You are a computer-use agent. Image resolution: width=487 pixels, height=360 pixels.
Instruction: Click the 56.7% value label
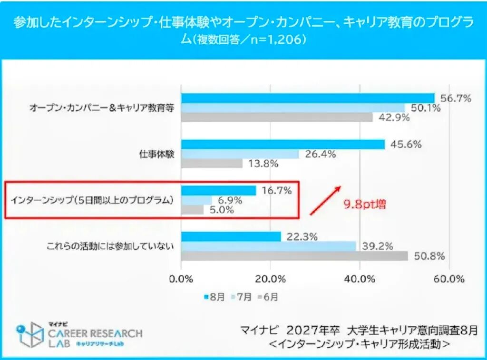[x=456, y=98]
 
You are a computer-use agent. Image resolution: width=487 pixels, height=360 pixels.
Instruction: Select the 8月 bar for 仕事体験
[x=282, y=144]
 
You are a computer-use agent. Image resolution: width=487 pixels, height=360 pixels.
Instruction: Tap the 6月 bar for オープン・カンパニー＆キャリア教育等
[x=277, y=117]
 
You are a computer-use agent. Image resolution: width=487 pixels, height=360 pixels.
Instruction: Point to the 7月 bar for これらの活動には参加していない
[x=268, y=246]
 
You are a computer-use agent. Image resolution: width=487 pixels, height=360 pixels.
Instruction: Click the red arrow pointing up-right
[x=326, y=199]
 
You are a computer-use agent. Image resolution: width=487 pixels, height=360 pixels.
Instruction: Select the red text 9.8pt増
[x=365, y=205]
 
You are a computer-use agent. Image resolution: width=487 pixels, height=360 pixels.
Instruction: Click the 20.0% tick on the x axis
[x=270, y=279]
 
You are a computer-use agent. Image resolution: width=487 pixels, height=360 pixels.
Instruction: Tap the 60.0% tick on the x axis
[x=449, y=279]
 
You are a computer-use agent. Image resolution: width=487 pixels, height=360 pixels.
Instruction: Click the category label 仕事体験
[x=157, y=154]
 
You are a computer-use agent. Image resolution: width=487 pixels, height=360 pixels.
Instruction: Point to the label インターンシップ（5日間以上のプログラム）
[x=91, y=200]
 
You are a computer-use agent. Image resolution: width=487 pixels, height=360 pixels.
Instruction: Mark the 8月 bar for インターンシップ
[x=218, y=190]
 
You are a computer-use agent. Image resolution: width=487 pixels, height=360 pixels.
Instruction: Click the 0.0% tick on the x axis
[x=181, y=279]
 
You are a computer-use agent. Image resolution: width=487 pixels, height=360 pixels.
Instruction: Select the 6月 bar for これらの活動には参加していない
[x=294, y=256]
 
